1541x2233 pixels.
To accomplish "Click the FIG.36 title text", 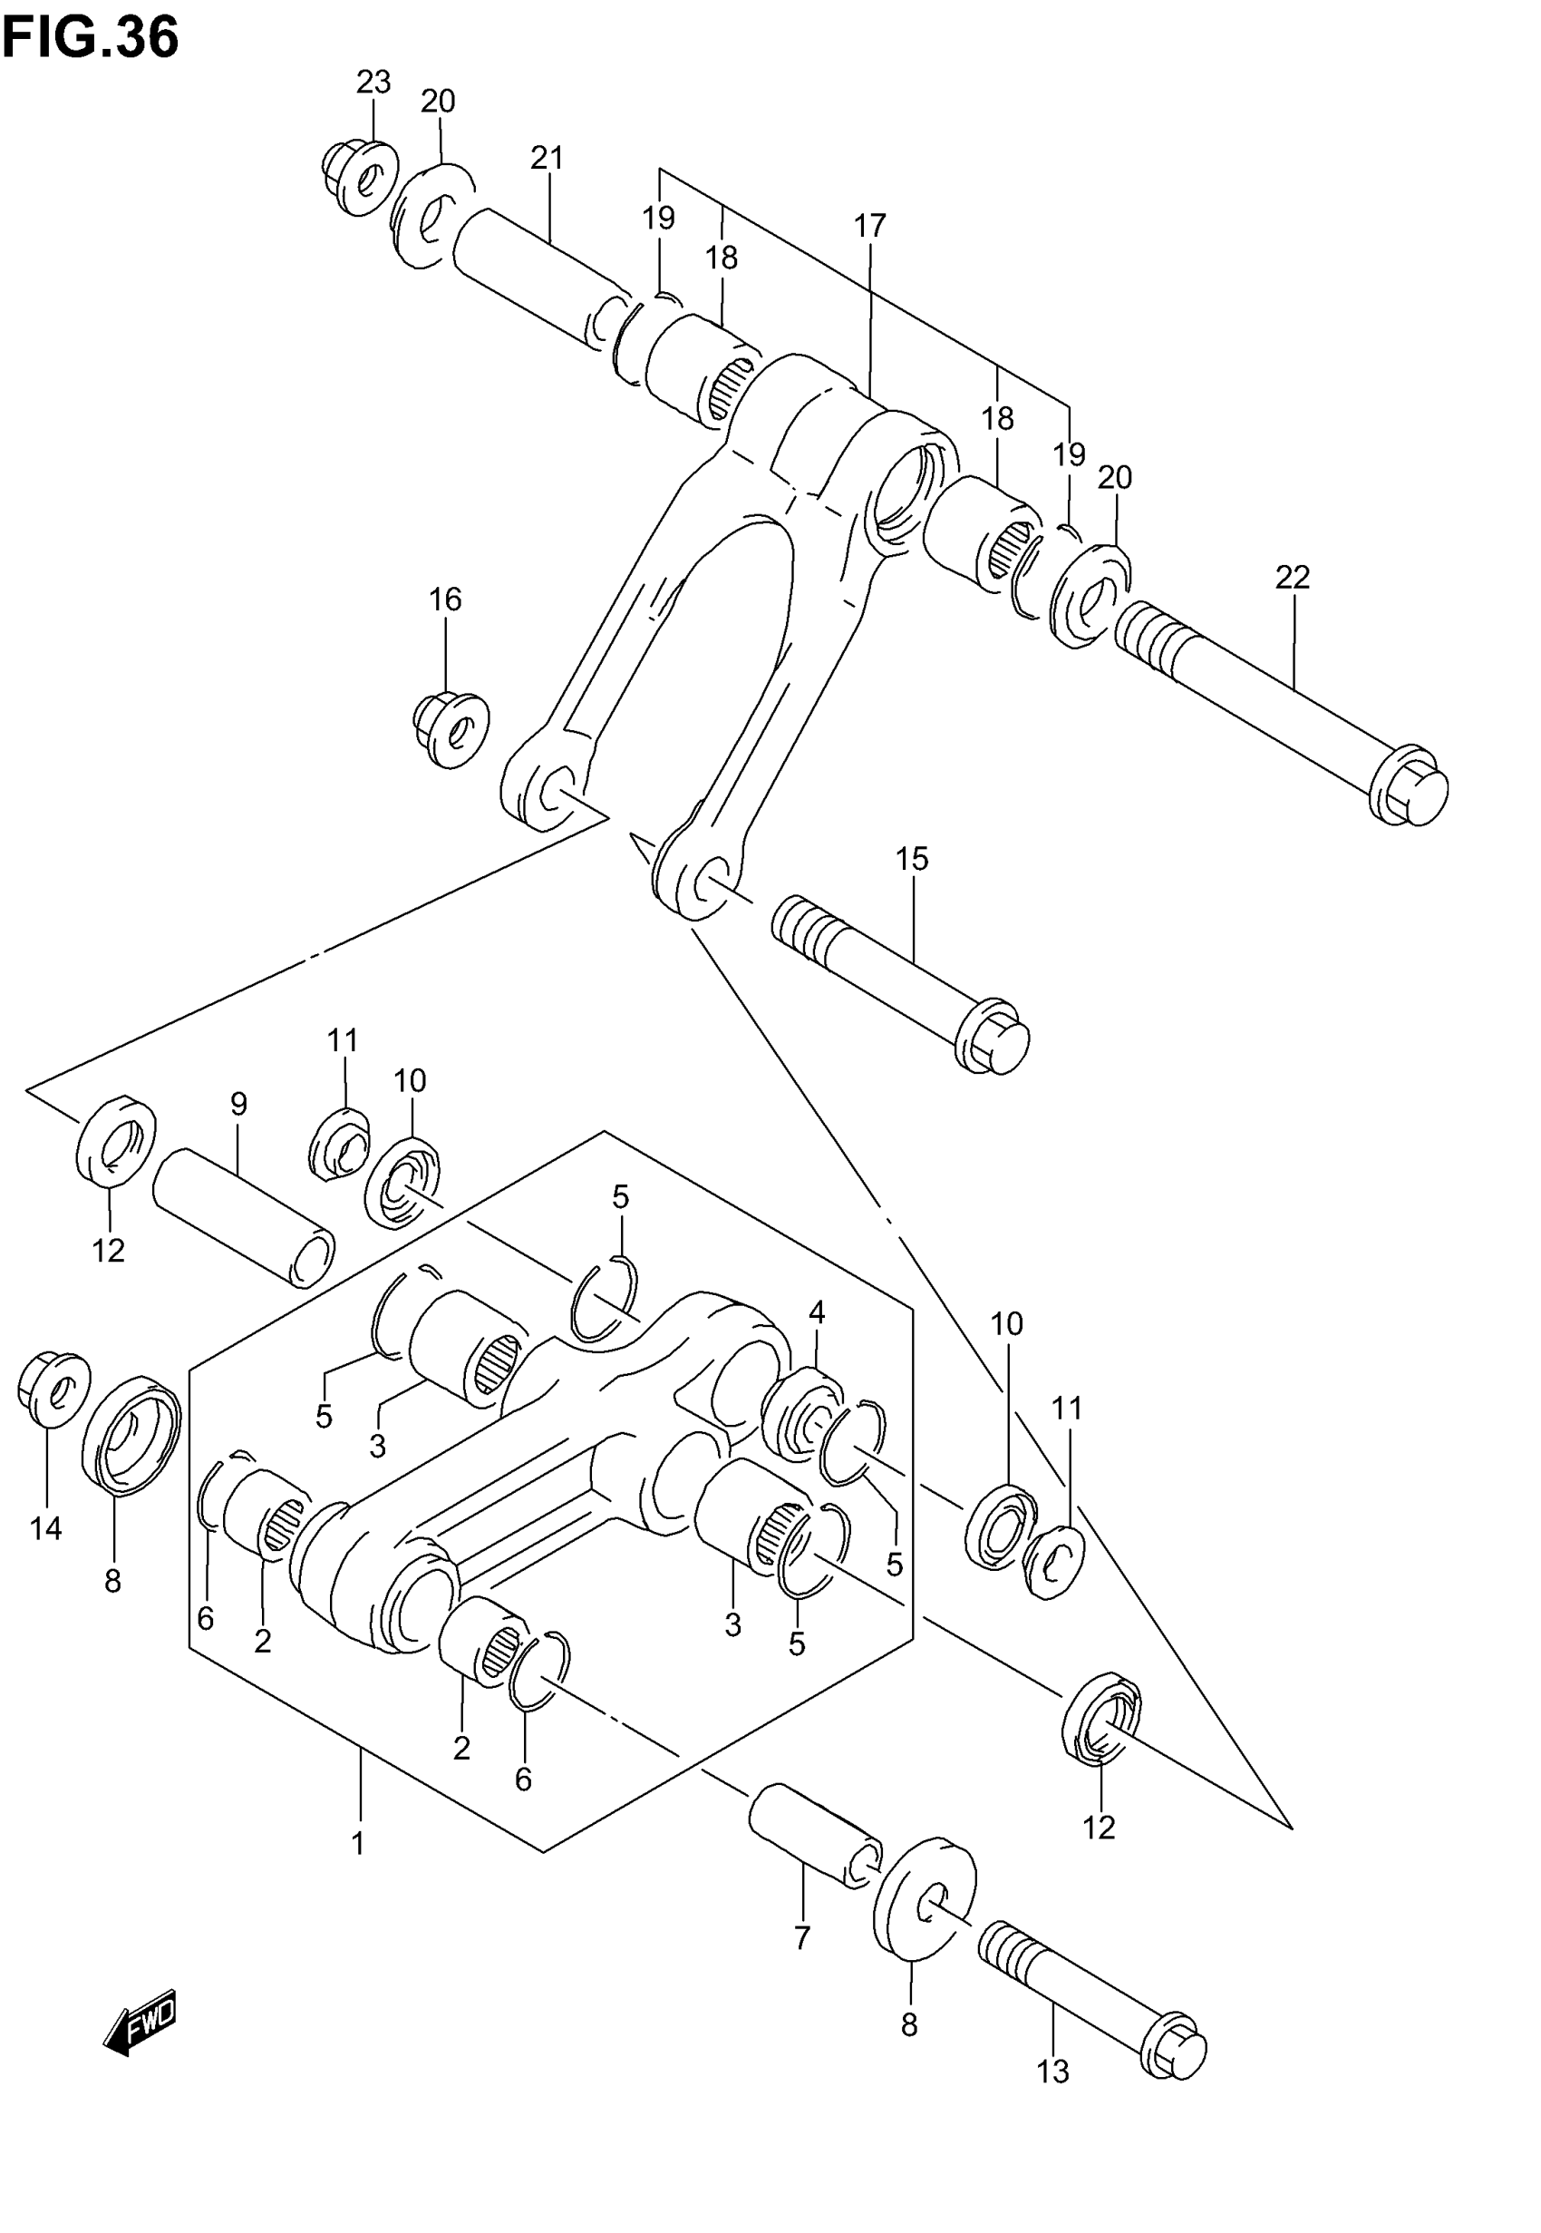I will (90, 39).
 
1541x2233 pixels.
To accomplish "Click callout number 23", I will (373, 83).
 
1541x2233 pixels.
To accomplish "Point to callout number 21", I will (547, 158).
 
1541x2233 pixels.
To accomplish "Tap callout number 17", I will (869, 226).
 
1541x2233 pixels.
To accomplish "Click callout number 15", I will (912, 859).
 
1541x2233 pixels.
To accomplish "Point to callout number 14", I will (45, 1528).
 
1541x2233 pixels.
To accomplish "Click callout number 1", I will (358, 1844).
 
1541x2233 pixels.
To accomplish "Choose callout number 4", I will (817, 1312).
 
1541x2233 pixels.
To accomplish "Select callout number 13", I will (1052, 2072).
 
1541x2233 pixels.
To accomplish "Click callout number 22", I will (1292, 578).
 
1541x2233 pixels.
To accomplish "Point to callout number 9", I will (238, 1104).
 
